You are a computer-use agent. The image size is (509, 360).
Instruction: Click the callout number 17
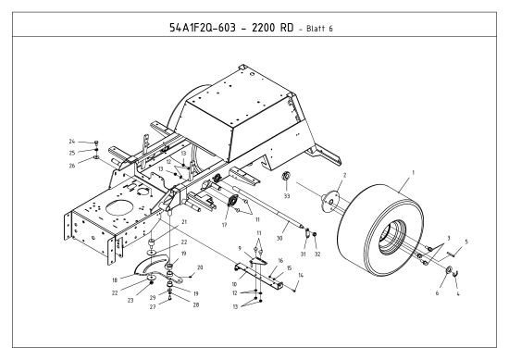click(224, 223)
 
